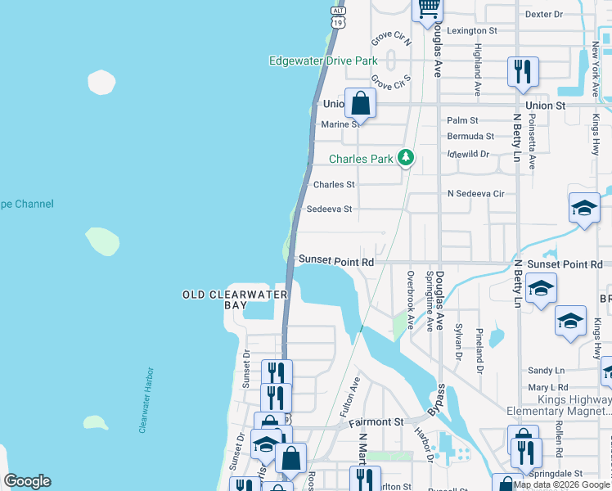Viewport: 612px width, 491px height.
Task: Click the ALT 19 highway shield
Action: pos(337,16)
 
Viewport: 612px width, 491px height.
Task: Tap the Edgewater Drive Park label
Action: pos(324,61)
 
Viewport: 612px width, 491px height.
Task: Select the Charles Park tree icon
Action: pos(405,158)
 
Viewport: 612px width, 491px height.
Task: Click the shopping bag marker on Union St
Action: pos(360,104)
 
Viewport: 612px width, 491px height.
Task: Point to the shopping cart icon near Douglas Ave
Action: pos(429,9)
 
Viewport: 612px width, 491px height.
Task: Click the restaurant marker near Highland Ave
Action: pos(522,72)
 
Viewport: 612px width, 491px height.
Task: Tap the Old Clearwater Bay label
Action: pos(236,299)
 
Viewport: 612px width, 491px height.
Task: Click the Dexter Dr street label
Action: pos(545,14)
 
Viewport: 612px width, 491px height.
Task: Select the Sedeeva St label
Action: pos(329,209)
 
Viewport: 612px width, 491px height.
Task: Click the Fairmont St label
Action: pos(376,422)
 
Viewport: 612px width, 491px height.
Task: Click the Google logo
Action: pos(27,481)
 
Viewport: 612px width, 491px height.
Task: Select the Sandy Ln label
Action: pos(547,371)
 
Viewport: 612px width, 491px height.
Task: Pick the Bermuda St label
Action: pos(470,136)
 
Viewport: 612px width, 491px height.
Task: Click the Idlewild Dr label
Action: pos(468,153)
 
